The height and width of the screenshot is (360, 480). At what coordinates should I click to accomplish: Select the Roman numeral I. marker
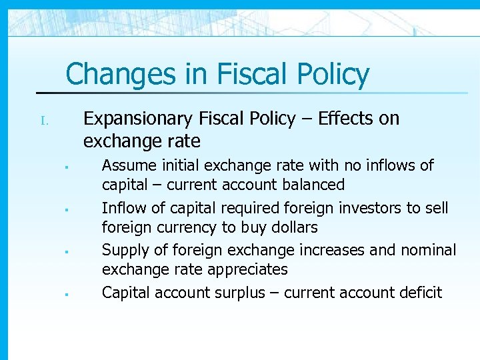pos(45,121)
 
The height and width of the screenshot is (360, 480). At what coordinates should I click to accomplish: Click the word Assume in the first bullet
pos(126,165)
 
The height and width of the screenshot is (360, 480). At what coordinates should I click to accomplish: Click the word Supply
pos(123,250)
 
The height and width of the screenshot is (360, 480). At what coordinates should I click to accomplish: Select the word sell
pos(436,208)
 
